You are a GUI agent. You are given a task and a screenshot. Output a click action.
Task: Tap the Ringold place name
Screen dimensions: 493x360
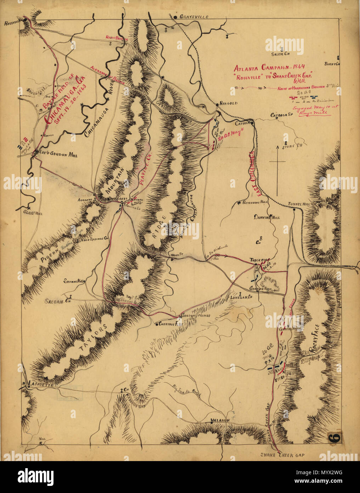point(228,104)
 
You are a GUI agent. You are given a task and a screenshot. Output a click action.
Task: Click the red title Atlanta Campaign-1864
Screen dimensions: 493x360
point(269,67)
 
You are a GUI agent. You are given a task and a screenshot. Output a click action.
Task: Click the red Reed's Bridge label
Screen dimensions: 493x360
point(116,38)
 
